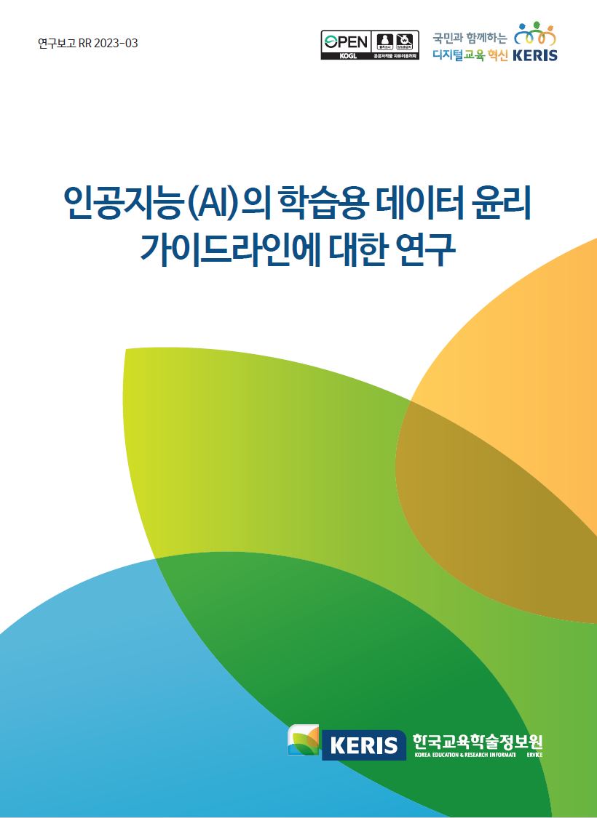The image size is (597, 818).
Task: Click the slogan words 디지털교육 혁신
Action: pos(470,55)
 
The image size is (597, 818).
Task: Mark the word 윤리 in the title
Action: pos(503,206)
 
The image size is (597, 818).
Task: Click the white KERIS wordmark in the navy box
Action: pos(363,745)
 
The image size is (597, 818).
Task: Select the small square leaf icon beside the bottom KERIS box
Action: pos(304,740)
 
